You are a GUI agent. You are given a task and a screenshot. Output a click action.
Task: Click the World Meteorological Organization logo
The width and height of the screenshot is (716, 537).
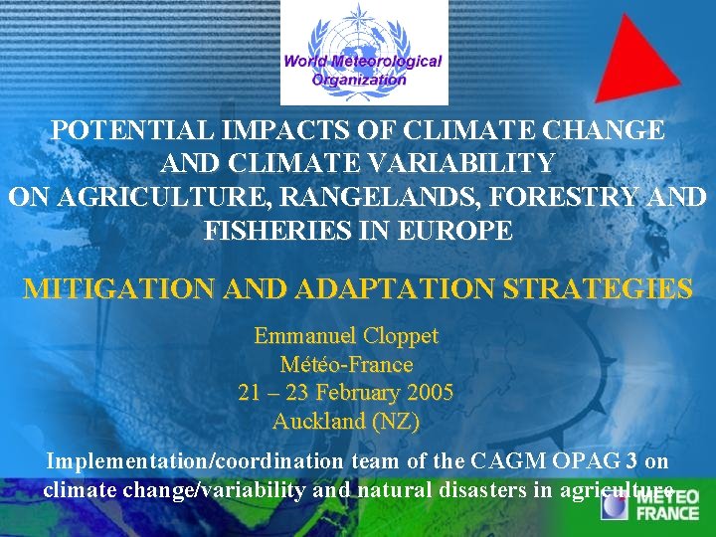363,52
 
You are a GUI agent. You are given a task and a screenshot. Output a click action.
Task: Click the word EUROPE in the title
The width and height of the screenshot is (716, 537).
464,231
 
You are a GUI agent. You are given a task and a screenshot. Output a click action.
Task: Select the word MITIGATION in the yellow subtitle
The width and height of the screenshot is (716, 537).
117,289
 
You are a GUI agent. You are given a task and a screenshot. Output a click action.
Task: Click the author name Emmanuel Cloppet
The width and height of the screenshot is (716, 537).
346,336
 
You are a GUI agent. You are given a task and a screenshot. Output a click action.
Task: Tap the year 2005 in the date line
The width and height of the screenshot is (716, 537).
425,393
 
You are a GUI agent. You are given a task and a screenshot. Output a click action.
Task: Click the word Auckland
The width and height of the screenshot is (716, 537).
319,421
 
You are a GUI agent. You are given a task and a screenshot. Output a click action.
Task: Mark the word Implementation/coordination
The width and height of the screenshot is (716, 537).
188,461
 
